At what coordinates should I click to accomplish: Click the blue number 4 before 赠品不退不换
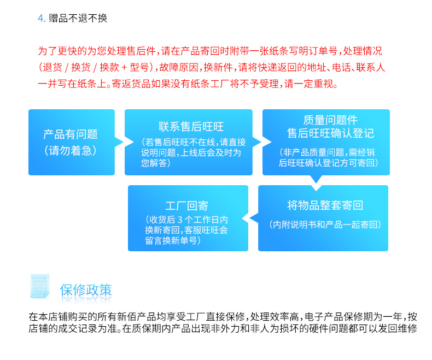(x=40, y=19)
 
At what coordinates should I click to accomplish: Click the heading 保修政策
(x=86, y=290)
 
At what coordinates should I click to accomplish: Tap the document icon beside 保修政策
(x=40, y=286)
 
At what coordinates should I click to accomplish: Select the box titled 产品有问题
(x=72, y=142)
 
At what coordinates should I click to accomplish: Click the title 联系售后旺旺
(x=191, y=127)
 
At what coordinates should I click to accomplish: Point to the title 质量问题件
(x=330, y=120)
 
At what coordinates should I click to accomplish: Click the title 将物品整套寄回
(x=325, y=205)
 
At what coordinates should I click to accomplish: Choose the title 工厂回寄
(x=186, y=205)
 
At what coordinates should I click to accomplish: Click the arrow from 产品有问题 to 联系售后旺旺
(x=120, y=142)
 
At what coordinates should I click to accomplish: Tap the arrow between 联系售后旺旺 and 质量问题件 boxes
(x=258, y=142)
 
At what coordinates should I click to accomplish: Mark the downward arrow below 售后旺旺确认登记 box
(x=316, y=179)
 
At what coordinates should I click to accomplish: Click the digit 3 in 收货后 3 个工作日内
(x=180, y=220)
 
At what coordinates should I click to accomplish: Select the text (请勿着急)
(x=71, y=151)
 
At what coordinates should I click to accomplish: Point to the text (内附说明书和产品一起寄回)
(x=325, y=225)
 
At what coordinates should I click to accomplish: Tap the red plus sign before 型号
(x=124, y=67)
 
